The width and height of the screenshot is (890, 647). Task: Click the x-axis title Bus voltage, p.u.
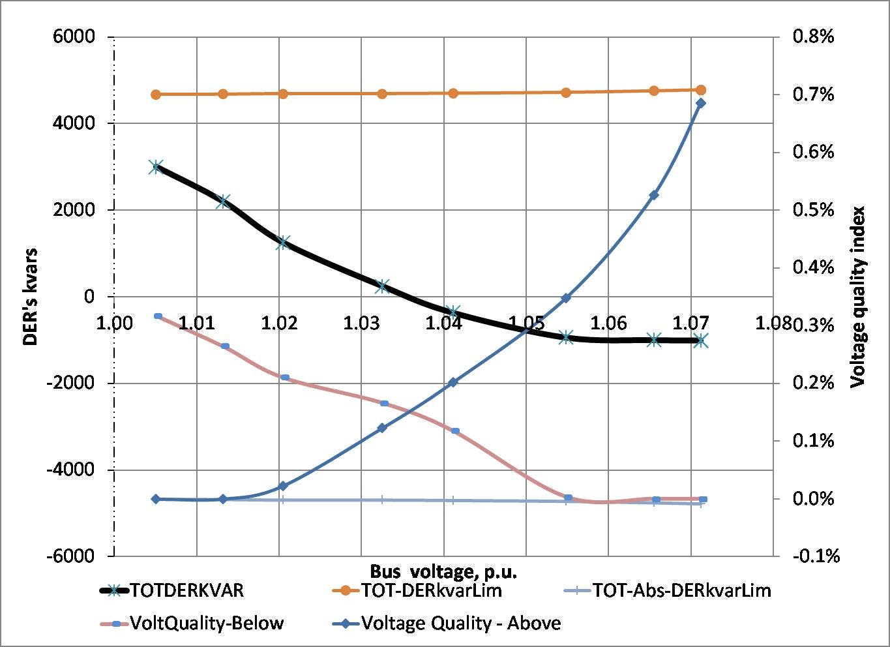pyautogui.click(x=443, y=572)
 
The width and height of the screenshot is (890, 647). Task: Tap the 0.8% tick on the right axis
pyautogui.click(x=813, y=37)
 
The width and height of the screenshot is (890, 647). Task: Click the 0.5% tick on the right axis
pyautogui.click(x=813, y=210)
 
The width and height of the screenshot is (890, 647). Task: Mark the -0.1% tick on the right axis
pyautogui.click(x=816, y=556)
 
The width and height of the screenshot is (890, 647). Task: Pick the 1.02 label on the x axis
pyautogui.click(x=279, y=323)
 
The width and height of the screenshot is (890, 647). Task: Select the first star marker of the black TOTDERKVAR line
pyautogui.click(x=155, y=167)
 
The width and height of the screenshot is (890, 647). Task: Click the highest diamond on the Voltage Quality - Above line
pyautogui.click(x=701, y=103)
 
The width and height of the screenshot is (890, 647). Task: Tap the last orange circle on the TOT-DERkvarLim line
pyautogui.click(x=701, y=90)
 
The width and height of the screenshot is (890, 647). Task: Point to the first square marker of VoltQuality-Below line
pyautogui.click(x=158, y=316)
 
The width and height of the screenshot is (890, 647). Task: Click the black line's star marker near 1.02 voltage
pyautogui.click(x=283, y=243)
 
